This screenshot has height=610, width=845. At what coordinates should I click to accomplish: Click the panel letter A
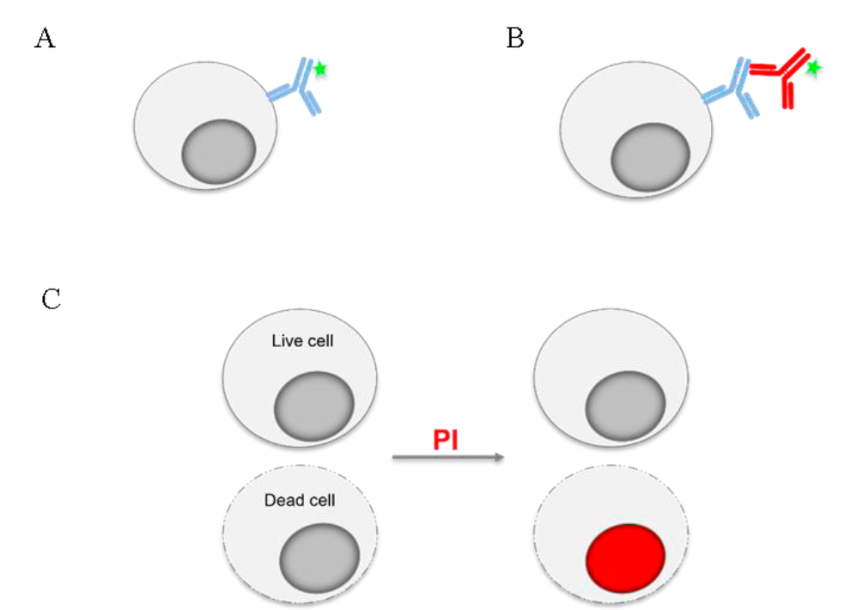(x=45, y=39)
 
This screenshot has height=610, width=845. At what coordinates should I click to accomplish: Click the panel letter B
(x=515, y=39)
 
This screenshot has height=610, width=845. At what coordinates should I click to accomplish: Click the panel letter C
(x=51, y=301)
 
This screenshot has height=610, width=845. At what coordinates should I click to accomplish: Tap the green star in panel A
(x=320, y=69)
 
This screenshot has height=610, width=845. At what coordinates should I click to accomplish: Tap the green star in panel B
(x=812, y=65)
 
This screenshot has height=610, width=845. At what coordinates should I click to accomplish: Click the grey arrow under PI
(x=447, y=459)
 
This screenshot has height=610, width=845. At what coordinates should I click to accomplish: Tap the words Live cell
(x=301, y=342)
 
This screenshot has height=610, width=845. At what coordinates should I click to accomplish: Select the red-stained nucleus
(x=626, y=556)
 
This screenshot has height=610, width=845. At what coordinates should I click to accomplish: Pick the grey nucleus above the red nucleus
(x=626, y=402)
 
